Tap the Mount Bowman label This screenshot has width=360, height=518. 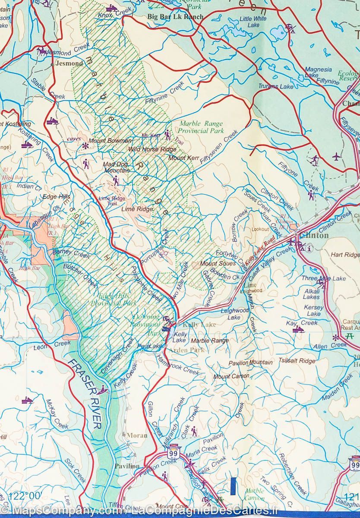click(110, 141)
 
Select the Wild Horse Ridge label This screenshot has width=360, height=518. click(146, 149)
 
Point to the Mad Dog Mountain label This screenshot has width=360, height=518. click(116, 167)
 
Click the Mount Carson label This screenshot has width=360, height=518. click(231, 376)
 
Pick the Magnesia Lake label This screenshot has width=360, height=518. click(318, 72)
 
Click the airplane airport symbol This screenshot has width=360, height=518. click(337, 156)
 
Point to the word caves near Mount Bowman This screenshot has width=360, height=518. click(74, 139)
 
